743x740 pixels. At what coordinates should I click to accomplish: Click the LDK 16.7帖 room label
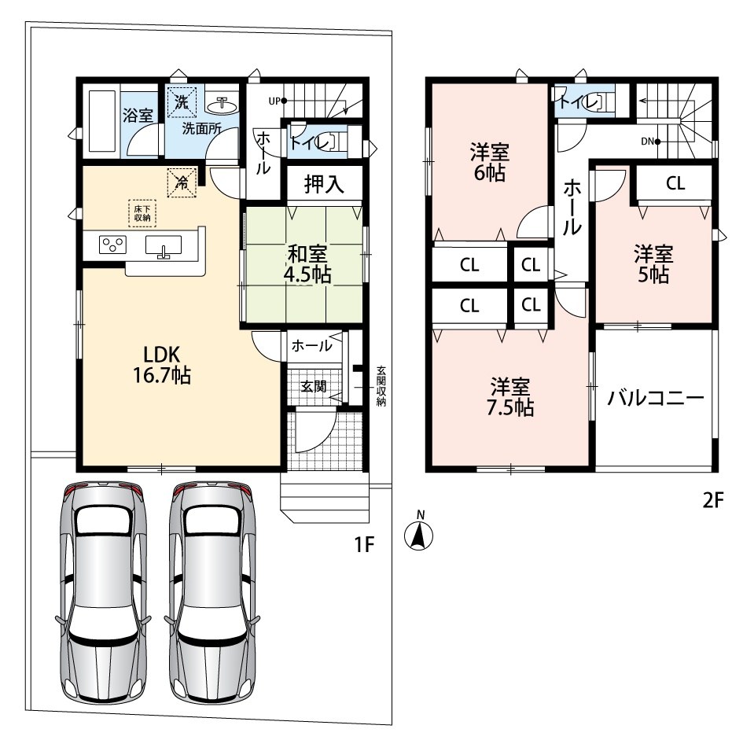(x=162, y=365)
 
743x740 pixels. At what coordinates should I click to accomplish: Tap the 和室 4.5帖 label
(x=307, y=264)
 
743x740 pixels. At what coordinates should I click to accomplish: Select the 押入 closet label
(x=324, y=184)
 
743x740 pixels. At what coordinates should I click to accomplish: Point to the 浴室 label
(x=138, y=115)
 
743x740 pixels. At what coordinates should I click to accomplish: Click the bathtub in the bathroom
(x=102, y=120)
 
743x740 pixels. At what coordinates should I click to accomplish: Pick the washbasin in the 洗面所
(x=221, y=105)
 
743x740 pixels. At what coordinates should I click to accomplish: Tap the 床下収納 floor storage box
(x=142, y=213)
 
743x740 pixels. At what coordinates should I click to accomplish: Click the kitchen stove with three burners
(x=112, y=245)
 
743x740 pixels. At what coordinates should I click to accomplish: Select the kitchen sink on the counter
(x=164, y=246)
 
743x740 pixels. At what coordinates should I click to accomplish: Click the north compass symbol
(x=419, y=532)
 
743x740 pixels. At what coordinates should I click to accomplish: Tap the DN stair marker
(x=650, y=142)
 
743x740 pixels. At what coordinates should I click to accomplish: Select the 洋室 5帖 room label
(x=653, y=264)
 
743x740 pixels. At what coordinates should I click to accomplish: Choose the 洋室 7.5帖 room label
(x=510, y=397)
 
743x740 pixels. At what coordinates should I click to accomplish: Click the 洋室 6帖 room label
(x=490, y=162)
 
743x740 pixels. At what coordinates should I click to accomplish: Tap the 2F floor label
(x=712, y=499)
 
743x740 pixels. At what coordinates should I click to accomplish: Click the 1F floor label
(x=364, y=545)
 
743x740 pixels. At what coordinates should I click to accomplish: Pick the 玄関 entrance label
(x=314, y=386)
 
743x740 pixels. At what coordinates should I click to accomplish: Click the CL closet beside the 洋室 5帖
(x=675, y=183)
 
